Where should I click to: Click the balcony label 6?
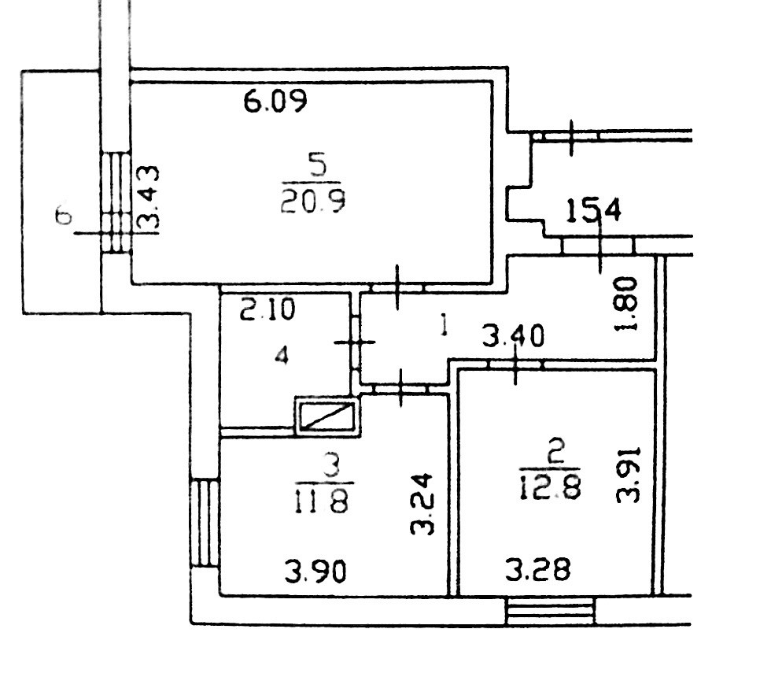coord(65,216)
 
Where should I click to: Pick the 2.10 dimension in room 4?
coord(267,309)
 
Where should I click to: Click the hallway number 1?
coord(444,325)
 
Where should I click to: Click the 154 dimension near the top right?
coord(595,211)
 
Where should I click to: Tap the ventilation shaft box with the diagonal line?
coord(326,415)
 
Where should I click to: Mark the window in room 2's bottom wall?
coord(550,611)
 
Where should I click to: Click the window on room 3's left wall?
coord(204,522)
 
